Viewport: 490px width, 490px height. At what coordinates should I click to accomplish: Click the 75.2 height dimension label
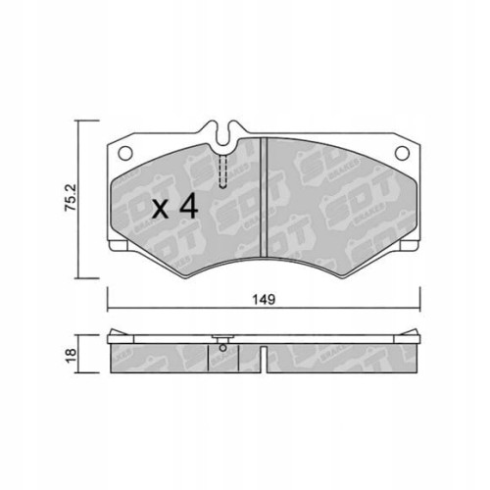tap(69, 199)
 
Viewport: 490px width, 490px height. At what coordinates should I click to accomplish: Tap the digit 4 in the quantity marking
tap(189, 206)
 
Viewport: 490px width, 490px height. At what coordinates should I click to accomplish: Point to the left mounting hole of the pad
tap(125, 151)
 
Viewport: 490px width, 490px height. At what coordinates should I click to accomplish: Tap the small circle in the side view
tap(224, 344)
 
